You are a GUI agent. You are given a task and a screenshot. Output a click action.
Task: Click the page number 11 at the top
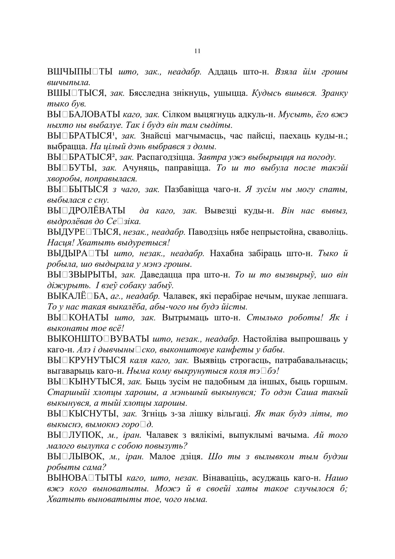point(197,51)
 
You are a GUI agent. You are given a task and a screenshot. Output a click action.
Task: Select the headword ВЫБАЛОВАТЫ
point(84,115)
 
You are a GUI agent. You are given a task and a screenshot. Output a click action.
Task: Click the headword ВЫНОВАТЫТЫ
point(84,478)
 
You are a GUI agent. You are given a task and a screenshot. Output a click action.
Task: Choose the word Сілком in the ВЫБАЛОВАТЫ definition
point(175,115)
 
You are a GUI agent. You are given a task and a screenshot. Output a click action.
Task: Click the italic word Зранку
point(334,93)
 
